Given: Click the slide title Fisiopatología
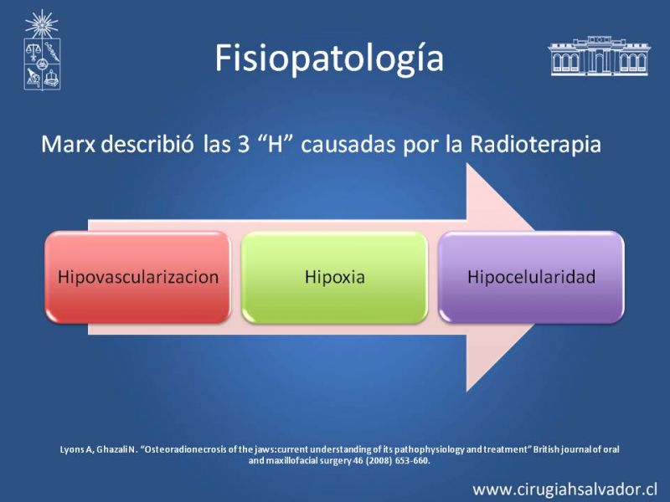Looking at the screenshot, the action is tap(329, 59).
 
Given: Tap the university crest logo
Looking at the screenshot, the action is tap(42, 50).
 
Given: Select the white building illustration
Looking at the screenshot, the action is tap(599, 55).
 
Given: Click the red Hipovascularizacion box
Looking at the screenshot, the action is tap(137, 277).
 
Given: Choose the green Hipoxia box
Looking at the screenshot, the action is tap(334, 277).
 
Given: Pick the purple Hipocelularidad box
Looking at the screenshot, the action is tap(531, 277).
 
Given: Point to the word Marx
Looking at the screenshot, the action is tap(69, 144).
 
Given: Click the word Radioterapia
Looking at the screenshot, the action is tap(535, 144).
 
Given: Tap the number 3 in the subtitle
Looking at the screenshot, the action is tap(243, 144).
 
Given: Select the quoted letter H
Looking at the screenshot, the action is tap(276, 144).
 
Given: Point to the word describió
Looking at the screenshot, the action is tap(147, 144).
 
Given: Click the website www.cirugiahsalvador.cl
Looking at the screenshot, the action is tap(564, 489).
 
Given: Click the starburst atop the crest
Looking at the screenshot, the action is tap(41, 24).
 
